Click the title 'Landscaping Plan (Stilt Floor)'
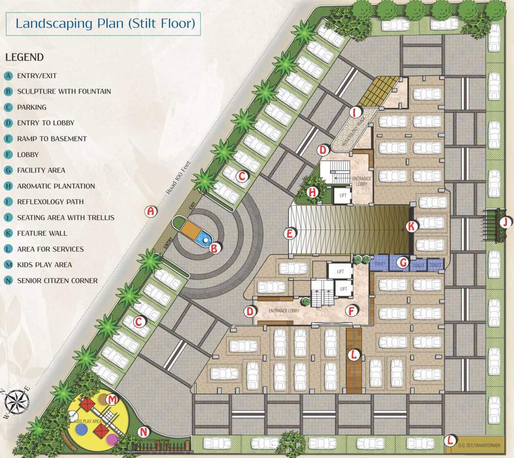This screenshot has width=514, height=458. click(x=105, y=24)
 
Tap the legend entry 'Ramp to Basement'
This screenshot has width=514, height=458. click(x=52, y=139)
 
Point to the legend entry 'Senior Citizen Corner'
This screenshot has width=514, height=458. click(x=57, y=280)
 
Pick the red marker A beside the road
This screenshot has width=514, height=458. click(x=151, y=211)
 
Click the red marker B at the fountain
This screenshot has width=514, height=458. click(x=214, y=247)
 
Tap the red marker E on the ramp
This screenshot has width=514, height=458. click(x=290, y=233)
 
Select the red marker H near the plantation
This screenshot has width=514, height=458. click(x=312, y=192)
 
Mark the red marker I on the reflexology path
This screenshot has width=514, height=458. click(x=355, y=112)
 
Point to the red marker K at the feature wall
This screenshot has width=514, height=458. click(x=411, y=226)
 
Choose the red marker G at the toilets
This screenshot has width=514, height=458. click(x=404, y=261)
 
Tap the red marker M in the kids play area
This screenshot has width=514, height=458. click(x=112, y=398)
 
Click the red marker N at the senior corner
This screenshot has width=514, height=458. click(x=143, y=432)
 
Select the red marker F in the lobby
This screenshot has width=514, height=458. click(x=353, y=310)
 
